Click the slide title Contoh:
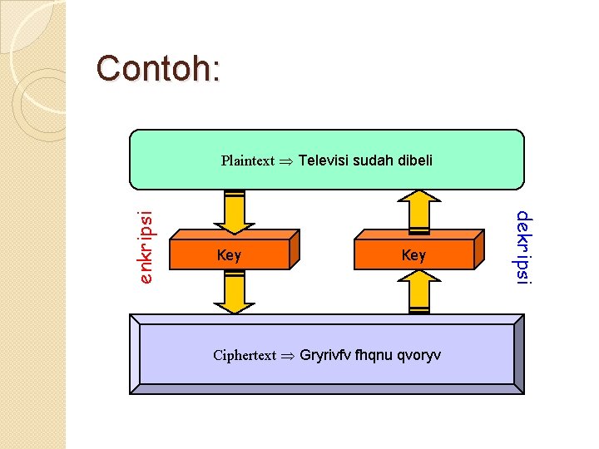click(x=158, y=68)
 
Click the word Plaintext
click(x=247, y=160)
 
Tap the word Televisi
click(x=323, y=160)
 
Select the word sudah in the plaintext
click(x=371, y=160)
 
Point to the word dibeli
click(x=413, y=160)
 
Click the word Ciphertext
click(x=244, y=355)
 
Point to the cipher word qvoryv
click(x=420, y=355)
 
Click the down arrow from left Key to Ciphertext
click(x=235, y=292)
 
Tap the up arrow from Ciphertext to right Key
click(x=419, y=292)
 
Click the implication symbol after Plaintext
click(x=286, y=161)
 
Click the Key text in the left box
click(x=229, y=255)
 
